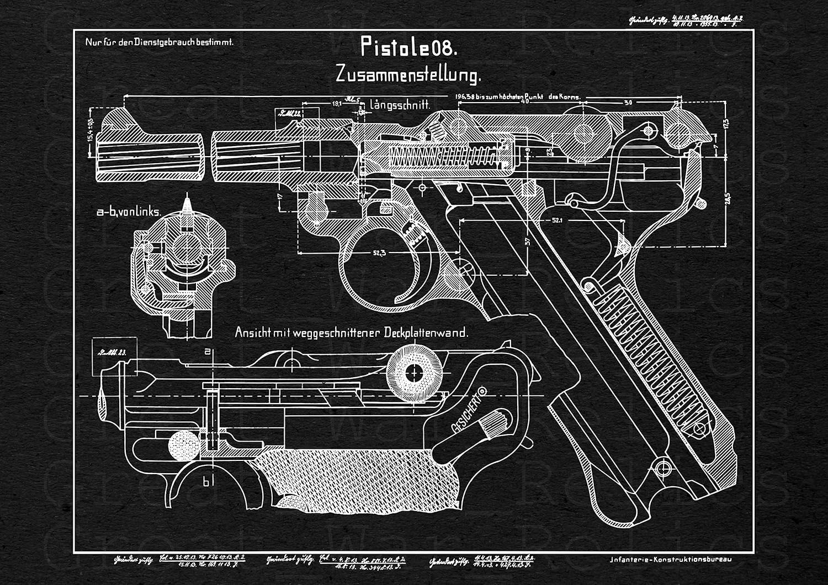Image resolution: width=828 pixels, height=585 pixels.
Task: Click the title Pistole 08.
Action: coord(408,47)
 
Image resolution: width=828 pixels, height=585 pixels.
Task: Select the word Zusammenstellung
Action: coord(408,74)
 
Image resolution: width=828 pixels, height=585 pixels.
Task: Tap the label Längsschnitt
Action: coord(400,104)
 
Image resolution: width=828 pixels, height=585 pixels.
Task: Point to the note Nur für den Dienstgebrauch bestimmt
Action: coord(159,42)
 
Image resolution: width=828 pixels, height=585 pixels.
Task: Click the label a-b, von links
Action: coord(129,211)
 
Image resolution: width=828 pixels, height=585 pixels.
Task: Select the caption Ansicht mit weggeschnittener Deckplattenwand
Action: coord(352,333)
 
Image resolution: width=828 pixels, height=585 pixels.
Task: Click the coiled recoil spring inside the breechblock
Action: coord(442,155)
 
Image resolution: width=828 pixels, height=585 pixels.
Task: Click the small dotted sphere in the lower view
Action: coord(184,446)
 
